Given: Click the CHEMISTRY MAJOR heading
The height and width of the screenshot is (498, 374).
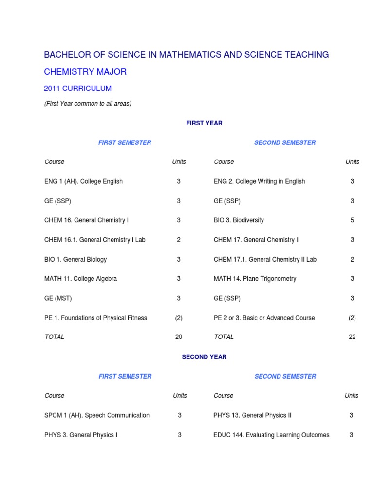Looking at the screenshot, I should pyautogui.click(x=85, y=72).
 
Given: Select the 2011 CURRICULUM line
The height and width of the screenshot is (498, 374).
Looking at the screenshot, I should pyautogui.click(x=77, y=89).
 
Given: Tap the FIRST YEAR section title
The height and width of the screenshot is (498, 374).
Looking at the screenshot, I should pyautogui.click(x=204, y=123).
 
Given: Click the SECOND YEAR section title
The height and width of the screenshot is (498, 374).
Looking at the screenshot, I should pyautogui.click(x=204, y=357).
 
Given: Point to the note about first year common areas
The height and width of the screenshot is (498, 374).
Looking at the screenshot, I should pyautogui.click(x=88, y=104).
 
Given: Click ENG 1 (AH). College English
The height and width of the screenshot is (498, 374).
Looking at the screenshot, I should pyautogui.click(x=83, y=181).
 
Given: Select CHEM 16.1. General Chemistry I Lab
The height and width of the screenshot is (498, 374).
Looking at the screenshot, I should pyautogui.click(x=94, y=240).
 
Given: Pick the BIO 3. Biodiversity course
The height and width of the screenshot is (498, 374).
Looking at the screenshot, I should pyautogui.click(x=239, y=220).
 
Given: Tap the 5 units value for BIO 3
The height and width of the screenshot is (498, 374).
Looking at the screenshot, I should pyautogui.click(x=352, y=220).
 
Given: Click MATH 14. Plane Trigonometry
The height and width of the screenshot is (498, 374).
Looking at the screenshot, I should pyautogui.click(x=255, y=279).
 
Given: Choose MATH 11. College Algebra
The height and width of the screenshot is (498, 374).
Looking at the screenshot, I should pyautogui.click(x=80, y=279).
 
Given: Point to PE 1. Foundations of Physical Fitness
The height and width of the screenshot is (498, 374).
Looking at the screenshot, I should pyautogui.click(x=95, y=318).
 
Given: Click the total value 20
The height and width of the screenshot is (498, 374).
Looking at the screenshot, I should pyautogui.click(x=179, y=337).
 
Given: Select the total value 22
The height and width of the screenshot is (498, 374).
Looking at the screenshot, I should pyautogui.click(x=352, y=337).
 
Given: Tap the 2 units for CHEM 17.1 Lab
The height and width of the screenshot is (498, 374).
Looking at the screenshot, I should pyautogui.click(x=352, y=259).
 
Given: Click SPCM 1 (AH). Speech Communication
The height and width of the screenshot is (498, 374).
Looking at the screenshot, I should pyautogui.click(x=97, y=415).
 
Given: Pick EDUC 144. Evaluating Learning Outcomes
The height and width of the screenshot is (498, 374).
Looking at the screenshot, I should pyautogui.click(x=271, y=435).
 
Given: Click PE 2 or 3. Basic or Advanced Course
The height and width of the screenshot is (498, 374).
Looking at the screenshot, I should pyautogui.click(x=264, y=318).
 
